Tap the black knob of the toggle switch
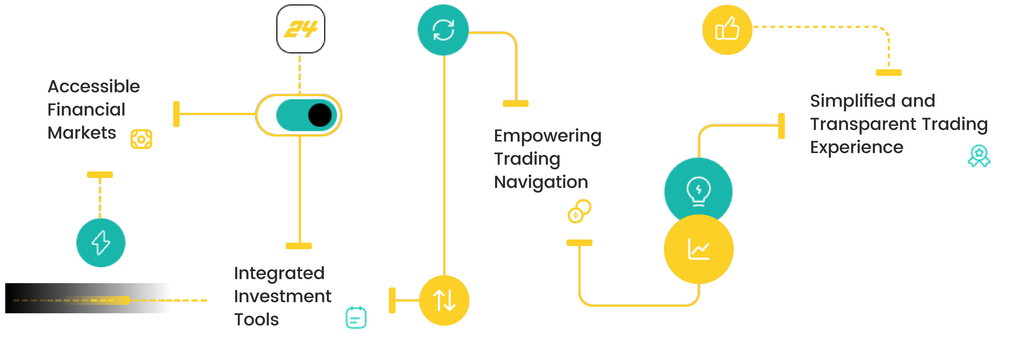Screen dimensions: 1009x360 click(x=320, y=115)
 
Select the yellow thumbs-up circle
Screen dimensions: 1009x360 click(x=727, y=30)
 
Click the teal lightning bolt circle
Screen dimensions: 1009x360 click(x=101, y=243)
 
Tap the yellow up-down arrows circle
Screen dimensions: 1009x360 click(x=444, y=301)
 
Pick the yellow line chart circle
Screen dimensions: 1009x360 click(x=699, y=249)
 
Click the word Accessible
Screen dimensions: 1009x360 click(x=94, y=86)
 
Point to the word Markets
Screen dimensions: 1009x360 click(x=82, y=133)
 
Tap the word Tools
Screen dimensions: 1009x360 click(x=256, y=319)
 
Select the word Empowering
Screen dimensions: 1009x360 click(x=548, y=136)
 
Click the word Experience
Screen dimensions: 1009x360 click(x=857, y=148)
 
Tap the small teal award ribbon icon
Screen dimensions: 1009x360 click(x=979, y=156)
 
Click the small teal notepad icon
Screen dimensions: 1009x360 click(x=356, y=317)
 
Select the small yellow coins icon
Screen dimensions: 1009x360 click(x=579, y=211)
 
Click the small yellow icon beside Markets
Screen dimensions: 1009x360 click(x=141, y=139)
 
